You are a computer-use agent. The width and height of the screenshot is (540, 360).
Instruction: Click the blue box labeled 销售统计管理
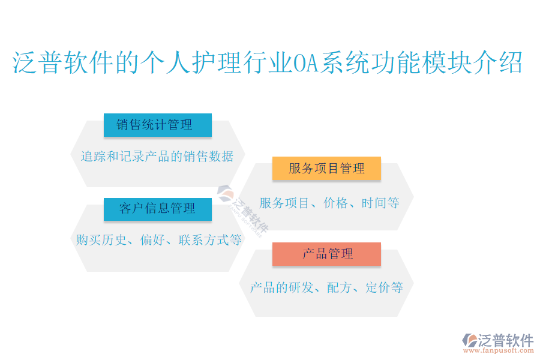(158, 125)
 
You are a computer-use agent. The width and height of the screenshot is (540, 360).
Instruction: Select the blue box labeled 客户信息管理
(158, 209)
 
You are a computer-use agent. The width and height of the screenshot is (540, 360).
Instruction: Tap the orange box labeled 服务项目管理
(326, 168)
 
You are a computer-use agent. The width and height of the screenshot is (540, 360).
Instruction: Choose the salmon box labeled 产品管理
(326, 254)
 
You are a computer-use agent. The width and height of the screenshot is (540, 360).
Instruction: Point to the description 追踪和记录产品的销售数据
(157, 157)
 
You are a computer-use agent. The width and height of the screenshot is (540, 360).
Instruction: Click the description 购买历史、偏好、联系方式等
(158, 240)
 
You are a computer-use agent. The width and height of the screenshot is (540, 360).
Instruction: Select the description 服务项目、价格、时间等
(329, 203)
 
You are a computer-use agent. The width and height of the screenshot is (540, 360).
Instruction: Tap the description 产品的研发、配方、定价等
(326, 287)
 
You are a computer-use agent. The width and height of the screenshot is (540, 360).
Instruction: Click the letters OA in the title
(306, 62)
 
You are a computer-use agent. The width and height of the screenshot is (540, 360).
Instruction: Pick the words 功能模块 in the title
(422, 62)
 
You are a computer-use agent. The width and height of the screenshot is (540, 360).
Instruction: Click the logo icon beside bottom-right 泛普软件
(470, 340)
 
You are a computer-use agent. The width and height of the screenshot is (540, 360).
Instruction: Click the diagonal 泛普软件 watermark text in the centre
(250, 215)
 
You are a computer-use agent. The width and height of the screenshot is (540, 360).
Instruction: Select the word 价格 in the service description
(336, 203)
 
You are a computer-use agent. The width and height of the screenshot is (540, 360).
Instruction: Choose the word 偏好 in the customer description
(152, 240)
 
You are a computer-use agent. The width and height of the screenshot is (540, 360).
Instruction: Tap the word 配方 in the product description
(339, 287)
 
